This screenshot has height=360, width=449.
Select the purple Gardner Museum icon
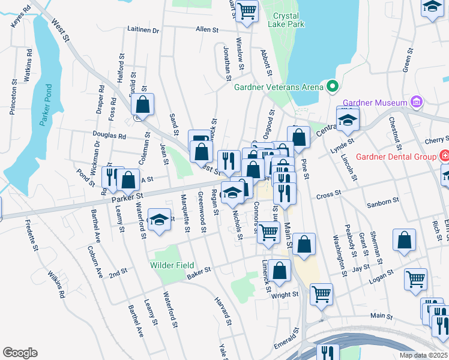pos(417,103)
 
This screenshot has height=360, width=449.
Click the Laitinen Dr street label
pos(143,29)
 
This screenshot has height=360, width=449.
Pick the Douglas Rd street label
pos(109,136)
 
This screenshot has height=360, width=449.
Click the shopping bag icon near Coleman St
pos(143,104)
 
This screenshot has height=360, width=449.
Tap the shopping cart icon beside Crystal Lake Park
pos(247,11)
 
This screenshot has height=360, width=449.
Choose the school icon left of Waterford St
pos(159,220)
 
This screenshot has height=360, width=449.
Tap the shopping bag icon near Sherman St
pos(405,239)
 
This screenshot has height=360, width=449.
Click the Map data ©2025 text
pos(423,355)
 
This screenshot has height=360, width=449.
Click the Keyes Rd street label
pos(20,16)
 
